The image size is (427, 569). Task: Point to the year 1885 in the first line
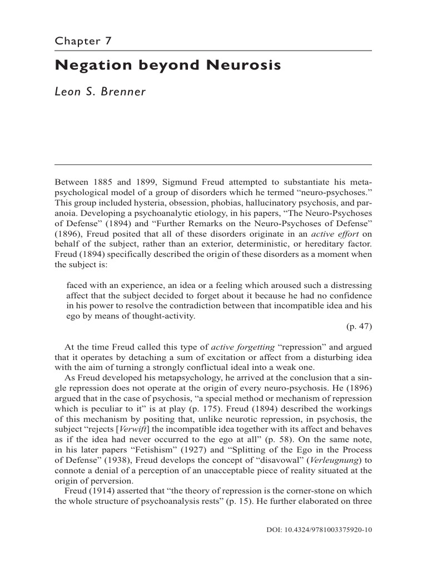(x=104, y=182)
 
